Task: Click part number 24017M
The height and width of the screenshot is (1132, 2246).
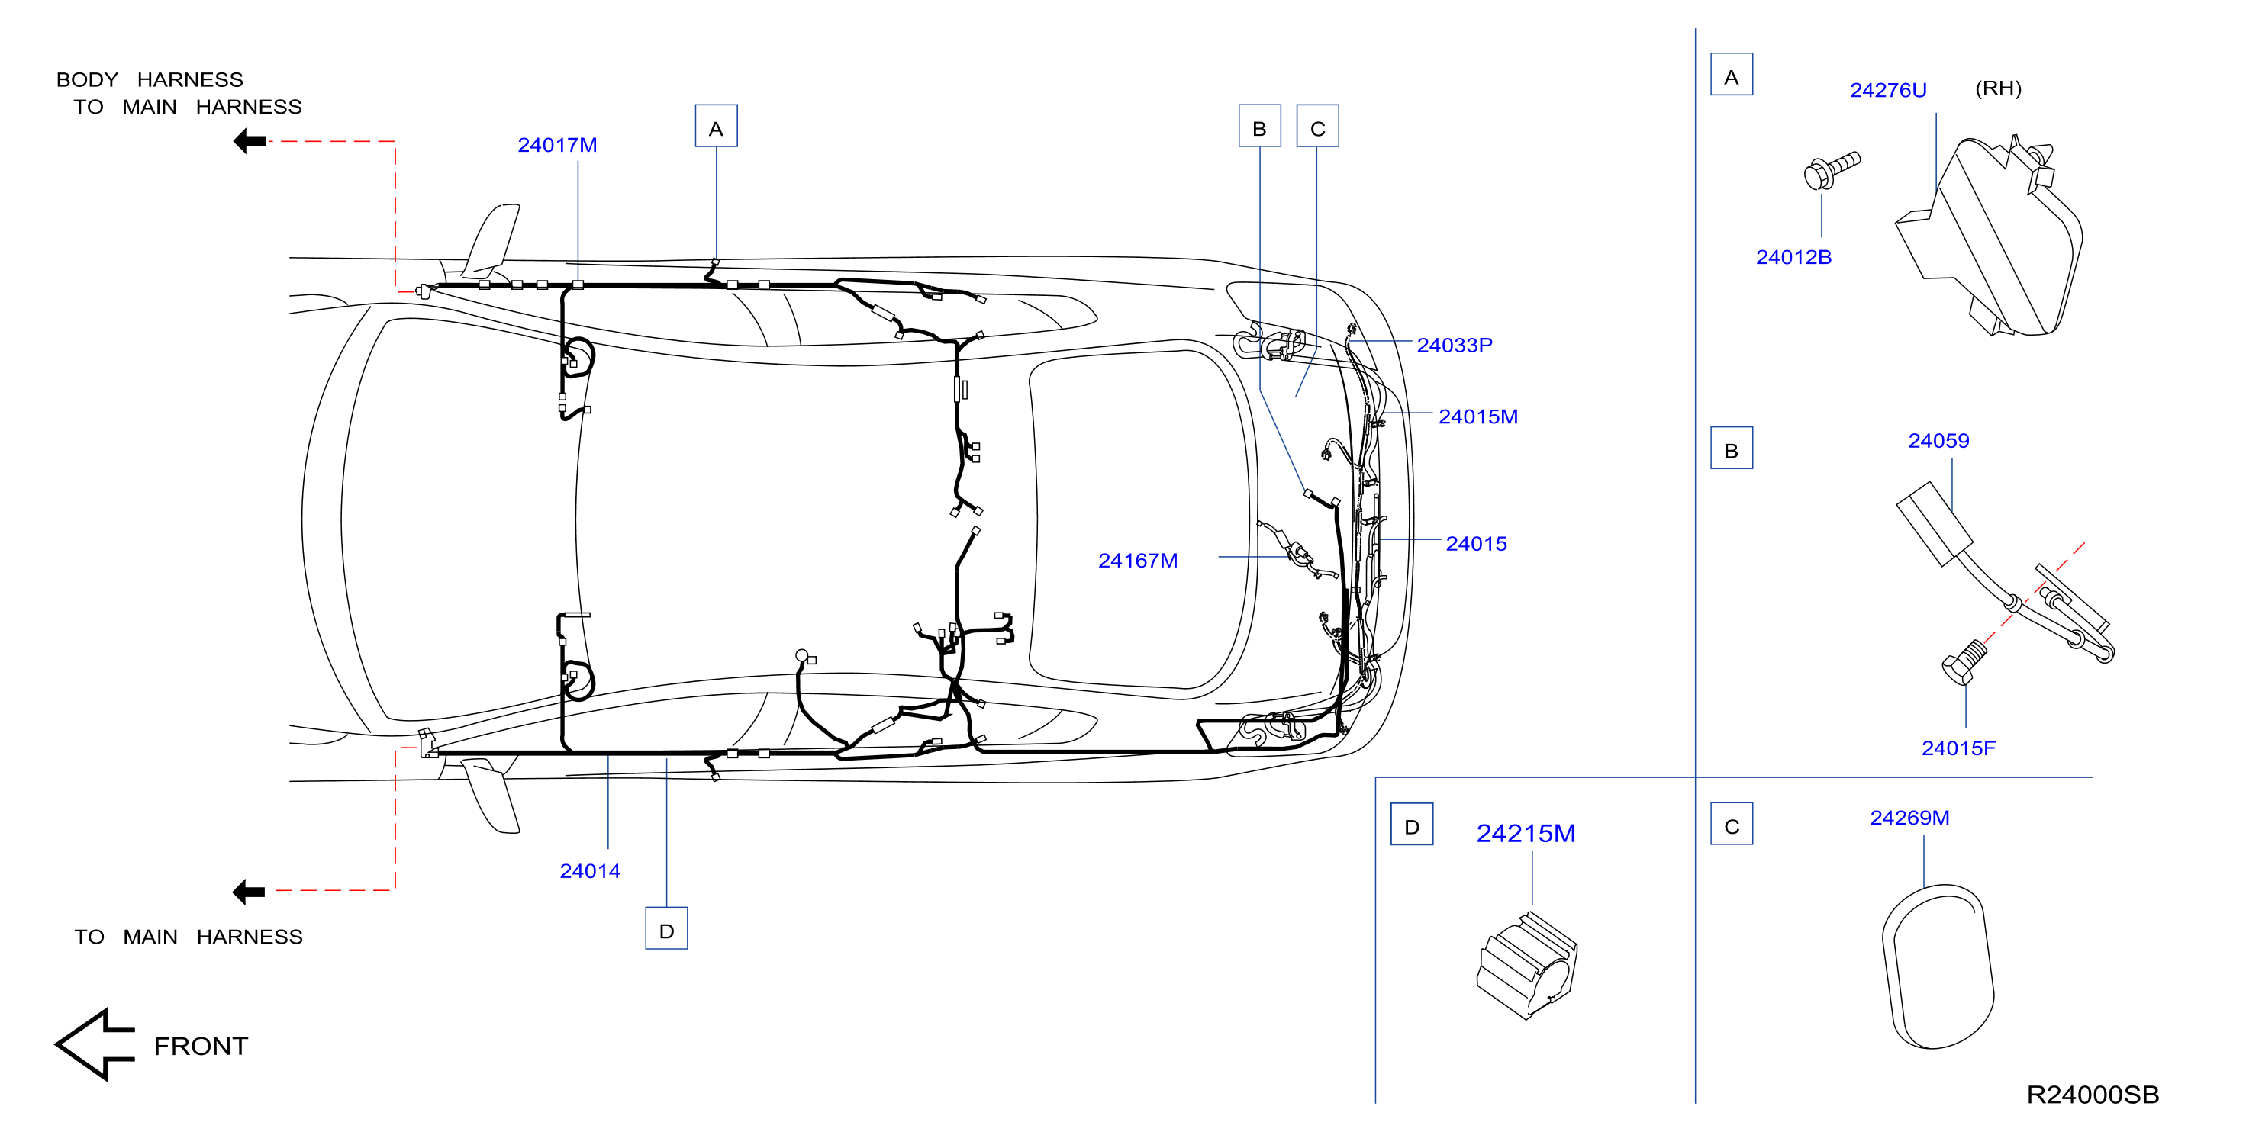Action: coord(557,145)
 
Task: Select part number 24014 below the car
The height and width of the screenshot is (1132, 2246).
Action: coord(590,870)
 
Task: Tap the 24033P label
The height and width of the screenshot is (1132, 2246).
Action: coord(1455,345)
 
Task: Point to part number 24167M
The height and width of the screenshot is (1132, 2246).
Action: coord(1138,561)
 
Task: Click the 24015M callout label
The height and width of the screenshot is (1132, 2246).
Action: coord(1477,416)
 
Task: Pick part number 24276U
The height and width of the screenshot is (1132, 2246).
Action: coord(1889,90)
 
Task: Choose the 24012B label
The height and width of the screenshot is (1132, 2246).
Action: coord(1793,257)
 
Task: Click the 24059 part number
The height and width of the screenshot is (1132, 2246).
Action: coord(1938,441)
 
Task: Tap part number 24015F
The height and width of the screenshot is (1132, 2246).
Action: coord(1958,748)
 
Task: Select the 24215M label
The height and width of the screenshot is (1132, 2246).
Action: coord(1526,833)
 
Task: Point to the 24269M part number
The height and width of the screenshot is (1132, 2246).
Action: coord(1909,818)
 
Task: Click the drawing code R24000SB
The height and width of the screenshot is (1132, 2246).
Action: coord(2093,1095)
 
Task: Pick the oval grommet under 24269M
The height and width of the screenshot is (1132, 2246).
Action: coord(1938,967)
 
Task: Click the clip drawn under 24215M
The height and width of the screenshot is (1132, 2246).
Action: coord(1526,965)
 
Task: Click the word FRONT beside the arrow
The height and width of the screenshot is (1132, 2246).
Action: coord(201,1046)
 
